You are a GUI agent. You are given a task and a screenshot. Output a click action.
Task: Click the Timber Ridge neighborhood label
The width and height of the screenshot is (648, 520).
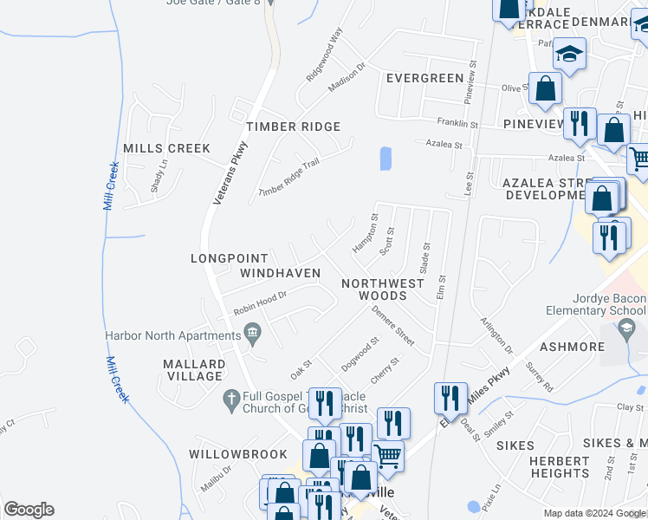point(293,127)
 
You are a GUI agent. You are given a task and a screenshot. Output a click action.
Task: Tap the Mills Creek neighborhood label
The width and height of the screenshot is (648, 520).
point(166,148)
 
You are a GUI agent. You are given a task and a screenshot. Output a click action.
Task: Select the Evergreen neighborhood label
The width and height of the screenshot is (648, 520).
point(424,78)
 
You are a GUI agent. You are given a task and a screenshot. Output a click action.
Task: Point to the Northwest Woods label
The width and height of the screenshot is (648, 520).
point(383,289)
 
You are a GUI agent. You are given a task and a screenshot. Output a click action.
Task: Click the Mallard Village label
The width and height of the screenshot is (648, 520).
point(193,370)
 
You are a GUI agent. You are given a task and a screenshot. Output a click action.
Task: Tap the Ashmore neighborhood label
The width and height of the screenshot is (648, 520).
point(573,347)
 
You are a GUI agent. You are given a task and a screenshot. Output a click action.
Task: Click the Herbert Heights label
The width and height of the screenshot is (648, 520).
point(560,467)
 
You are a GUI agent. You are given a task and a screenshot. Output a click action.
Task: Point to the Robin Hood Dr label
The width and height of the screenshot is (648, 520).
point(260,301)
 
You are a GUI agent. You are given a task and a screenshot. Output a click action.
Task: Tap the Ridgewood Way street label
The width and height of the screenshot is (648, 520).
point(325,54)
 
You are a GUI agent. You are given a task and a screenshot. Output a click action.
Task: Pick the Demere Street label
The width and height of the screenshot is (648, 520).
point(393,322)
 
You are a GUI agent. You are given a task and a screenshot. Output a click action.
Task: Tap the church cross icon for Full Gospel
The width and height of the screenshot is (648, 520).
point(230,398)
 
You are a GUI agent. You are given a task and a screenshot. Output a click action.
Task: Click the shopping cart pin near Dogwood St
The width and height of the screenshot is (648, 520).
point(388,454)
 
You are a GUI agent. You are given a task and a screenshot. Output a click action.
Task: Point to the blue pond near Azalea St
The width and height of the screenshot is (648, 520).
point(386,159)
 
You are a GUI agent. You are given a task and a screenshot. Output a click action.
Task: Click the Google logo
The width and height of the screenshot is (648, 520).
point(29,510)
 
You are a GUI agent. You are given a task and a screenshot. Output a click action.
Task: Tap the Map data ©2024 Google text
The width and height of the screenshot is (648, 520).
point(594,513)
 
